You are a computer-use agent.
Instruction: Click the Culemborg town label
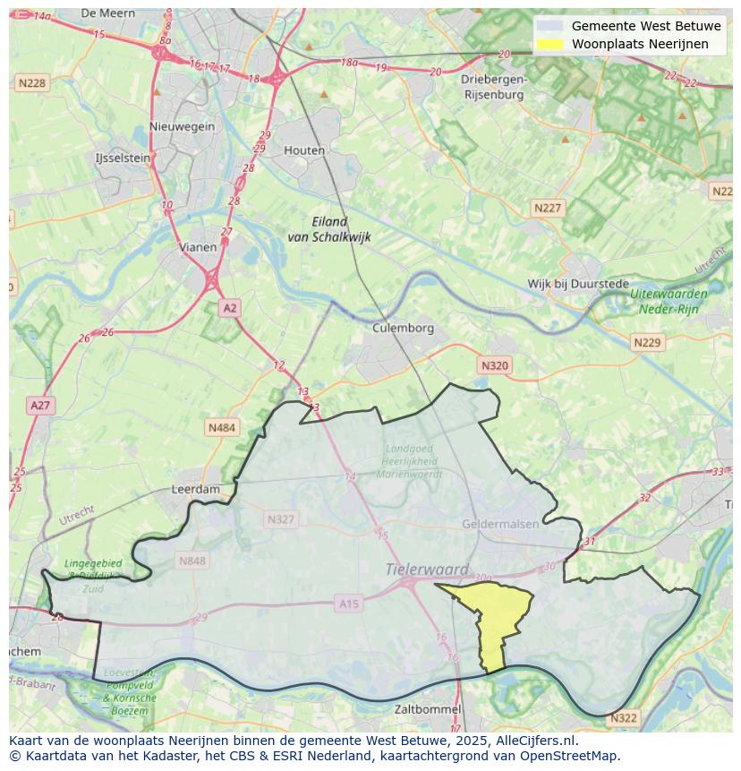(403, 328)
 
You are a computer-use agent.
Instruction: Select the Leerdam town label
(195, 490)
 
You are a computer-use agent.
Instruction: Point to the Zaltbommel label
(428, 709)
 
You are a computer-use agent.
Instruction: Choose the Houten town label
(304, 150)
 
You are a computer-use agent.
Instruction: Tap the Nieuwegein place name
(183, 126)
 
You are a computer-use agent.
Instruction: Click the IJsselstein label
(123, 158)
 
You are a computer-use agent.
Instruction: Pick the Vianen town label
(197, 247)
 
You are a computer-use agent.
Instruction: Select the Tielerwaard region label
(427, 569)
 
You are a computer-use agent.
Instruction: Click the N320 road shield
(495, 365)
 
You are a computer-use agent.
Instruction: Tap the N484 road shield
(221, 428)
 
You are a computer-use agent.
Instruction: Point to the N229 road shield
(646, 343)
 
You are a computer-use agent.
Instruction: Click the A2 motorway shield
(230, 308)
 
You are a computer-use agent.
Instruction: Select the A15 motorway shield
(348, 604)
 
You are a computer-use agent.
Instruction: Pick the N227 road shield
(548, 208)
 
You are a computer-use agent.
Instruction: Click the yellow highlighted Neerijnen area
(495, 618)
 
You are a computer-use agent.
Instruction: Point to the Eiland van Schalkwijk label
(329, 229)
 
